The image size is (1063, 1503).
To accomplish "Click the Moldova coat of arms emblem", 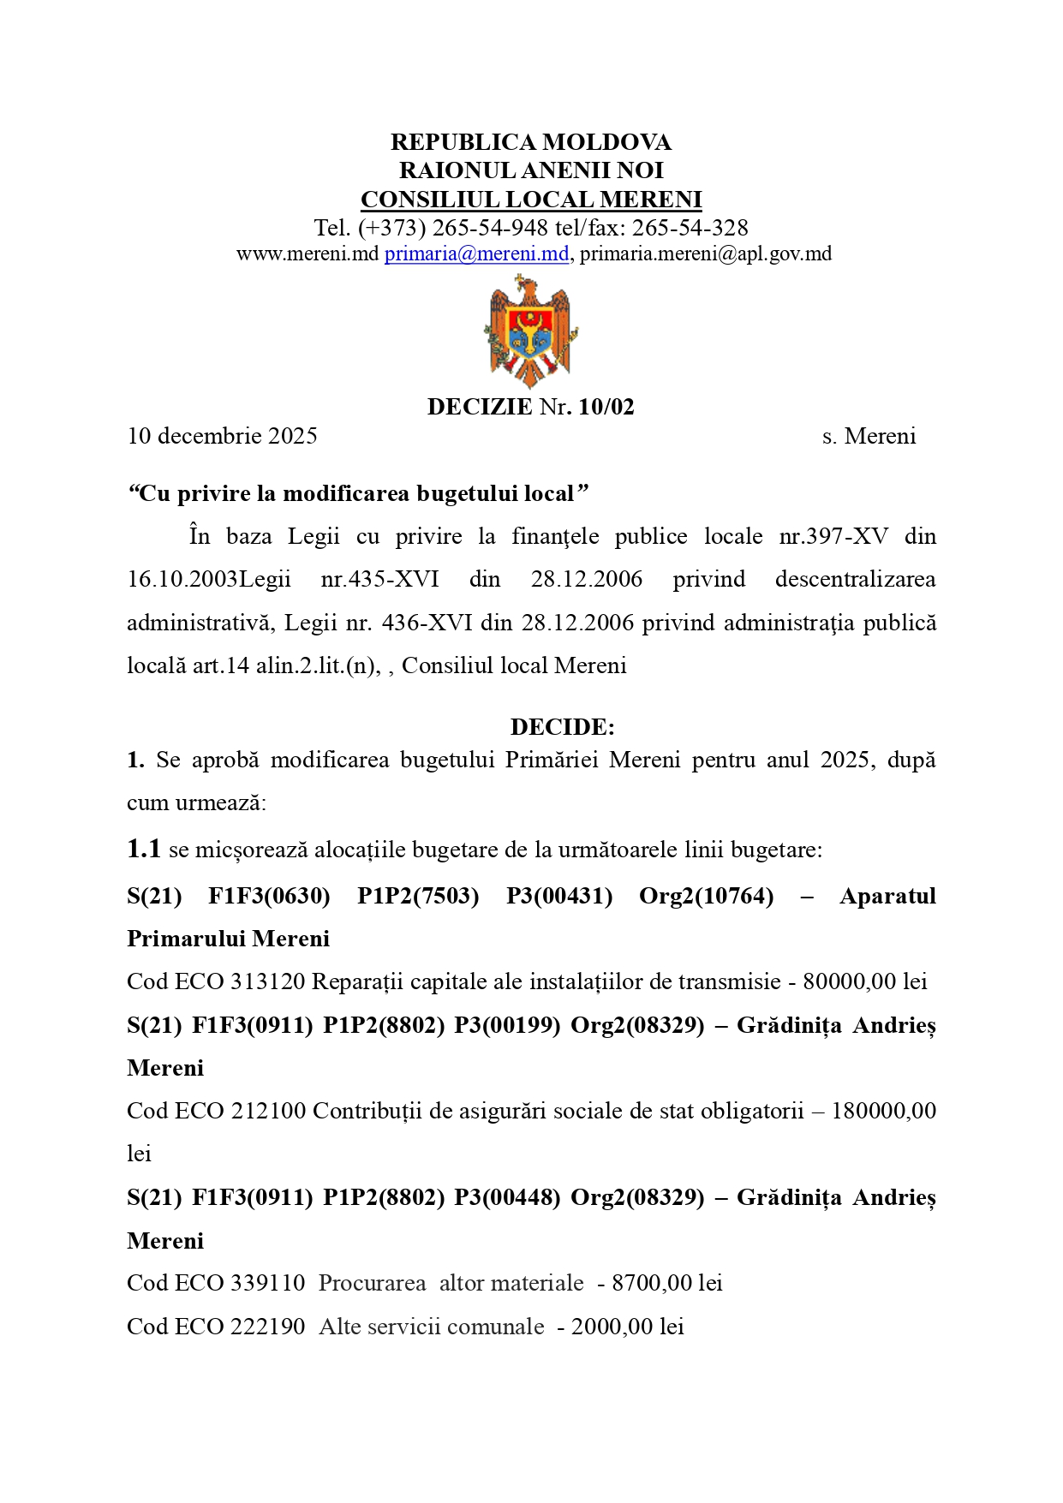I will click(530, 331).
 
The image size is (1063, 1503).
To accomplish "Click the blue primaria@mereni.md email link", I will click(476, 253).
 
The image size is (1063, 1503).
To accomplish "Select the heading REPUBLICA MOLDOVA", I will click(531, 141).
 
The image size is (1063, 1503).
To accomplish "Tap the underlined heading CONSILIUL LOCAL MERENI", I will click(531, 200).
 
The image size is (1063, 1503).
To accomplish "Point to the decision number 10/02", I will click(606, 407).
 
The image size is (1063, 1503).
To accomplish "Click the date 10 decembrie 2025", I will click(223, 436).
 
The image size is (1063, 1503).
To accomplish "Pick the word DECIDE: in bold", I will click(562, 727).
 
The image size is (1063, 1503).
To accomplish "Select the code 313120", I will click(267, 981).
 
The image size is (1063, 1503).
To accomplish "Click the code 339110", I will click(267, 1283).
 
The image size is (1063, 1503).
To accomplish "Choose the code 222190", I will click(267, 1327).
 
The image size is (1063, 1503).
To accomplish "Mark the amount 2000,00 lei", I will click(628, 1327).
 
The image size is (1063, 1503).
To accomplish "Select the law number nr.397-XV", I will click(833, 536).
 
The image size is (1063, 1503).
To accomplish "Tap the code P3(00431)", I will click(559, 896).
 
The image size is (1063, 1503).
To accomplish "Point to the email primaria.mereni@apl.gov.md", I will click(706, 253).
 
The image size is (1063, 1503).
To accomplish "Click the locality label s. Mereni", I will click(869, 436).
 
